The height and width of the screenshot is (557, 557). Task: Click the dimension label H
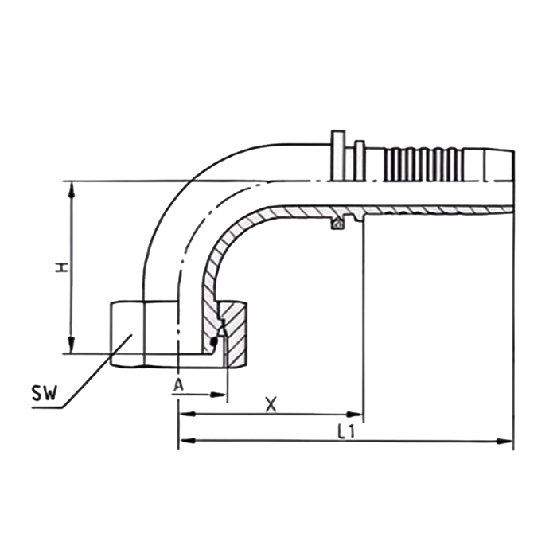(60, 268)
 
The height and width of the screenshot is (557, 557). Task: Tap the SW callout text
(44, 394)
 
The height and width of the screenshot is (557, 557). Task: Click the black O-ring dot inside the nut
(212, 343)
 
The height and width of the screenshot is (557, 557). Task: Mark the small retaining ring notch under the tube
(338, 225)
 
